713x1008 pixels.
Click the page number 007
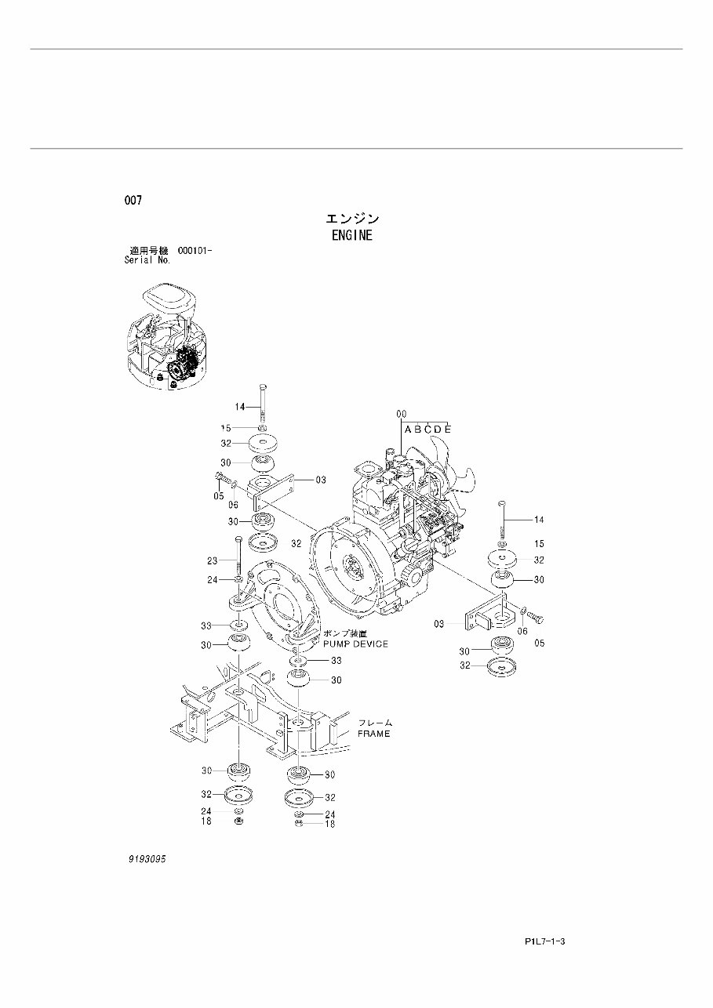coord(133,201)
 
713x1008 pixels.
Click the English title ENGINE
coord(351,235)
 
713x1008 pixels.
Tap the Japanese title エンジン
coord(352,219)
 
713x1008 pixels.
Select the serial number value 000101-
coord(196,250)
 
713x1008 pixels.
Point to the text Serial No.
coord(147,259)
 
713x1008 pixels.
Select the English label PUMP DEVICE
coord(355,644)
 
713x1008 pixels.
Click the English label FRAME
coord(373,734)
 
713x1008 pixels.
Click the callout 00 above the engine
coord(401,414)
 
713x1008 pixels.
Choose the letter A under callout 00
coord(408,429)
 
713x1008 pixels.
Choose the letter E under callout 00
coord(447,429)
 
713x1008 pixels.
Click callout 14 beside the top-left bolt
coord(240,406)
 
